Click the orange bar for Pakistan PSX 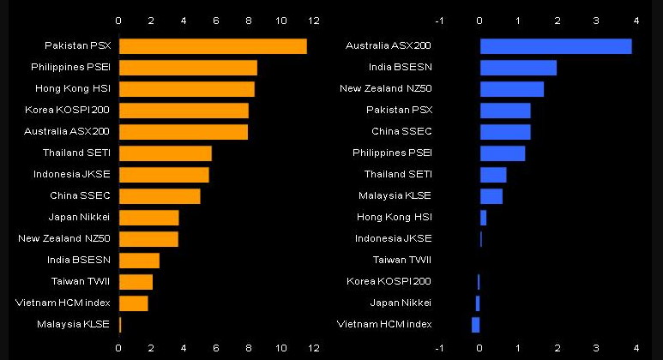click(213, 46)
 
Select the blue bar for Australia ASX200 click(556, 46)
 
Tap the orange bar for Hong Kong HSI click(187, 89)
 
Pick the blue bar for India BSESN click(518, 68)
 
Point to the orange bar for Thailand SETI click(166, 153)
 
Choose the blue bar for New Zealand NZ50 click(512, 89)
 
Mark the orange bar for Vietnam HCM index click(134, 303)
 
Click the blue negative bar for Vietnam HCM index click(476, 324)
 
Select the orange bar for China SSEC click(160, 196)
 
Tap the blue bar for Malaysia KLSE click(491, 196)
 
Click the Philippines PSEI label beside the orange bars click(75, 67)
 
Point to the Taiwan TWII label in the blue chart click(402, 260)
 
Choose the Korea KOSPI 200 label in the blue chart click(389, 281)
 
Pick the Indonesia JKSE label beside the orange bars click(79, 174)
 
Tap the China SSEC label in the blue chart click(401, 131)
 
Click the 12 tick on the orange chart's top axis click(313, 20)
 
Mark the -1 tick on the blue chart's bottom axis click(439, 348)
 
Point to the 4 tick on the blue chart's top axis click(636, 20)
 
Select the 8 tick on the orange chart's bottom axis click(249, 348)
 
